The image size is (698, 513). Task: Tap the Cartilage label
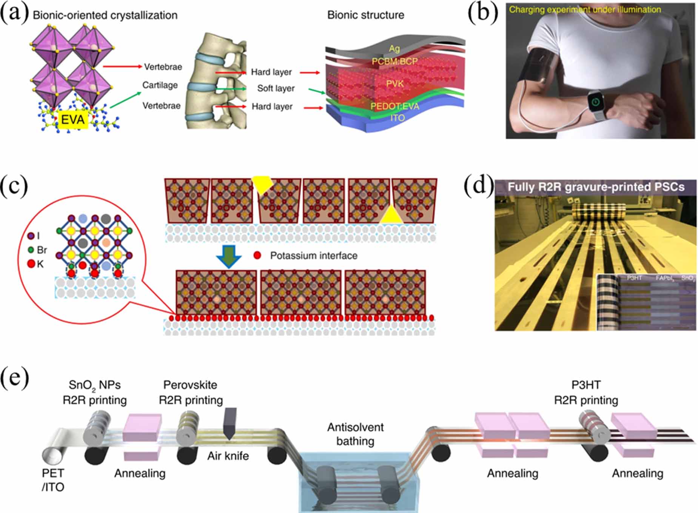[x=160, y=85]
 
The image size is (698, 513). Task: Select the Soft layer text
[x=276, y=88]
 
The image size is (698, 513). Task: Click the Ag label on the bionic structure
[x=394, y=48]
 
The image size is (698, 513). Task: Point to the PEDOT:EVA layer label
[x=394, y=106]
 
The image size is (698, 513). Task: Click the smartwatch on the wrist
[x=596, y=102]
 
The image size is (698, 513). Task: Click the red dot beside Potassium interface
[x=257, y=256]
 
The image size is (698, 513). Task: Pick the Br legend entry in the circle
[x=38, y=250]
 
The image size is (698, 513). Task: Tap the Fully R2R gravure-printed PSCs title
[x=596, y=187]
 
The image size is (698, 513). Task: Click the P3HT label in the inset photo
[x=634, y=278]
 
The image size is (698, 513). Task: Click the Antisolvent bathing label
[x=355, y=434]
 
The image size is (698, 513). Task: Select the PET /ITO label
[x=53, y=480]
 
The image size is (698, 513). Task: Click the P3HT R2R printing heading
[x=586, y=393]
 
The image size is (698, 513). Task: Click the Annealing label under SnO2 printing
[x=140, y=473]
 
